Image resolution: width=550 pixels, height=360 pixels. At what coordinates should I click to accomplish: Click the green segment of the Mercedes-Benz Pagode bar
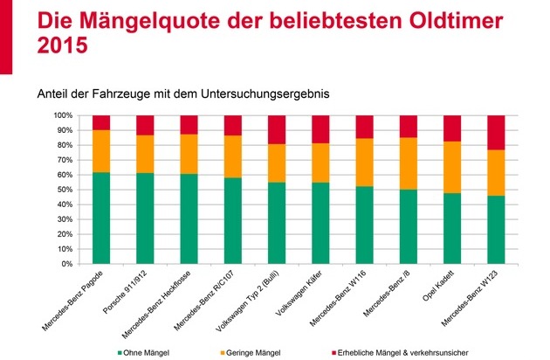click(101, 218)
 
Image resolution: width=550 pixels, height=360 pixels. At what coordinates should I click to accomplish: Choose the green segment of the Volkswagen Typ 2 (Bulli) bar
click(277, 223)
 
